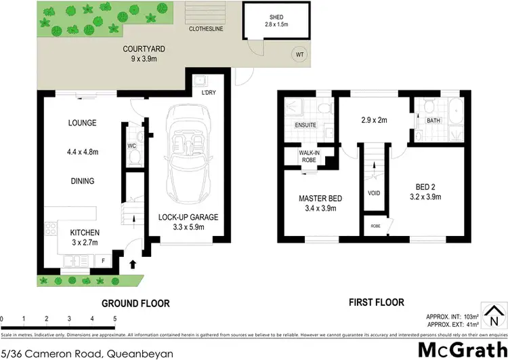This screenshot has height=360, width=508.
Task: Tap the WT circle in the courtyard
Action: click(299, 54)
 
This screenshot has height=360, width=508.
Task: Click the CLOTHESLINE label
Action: click(207, 29)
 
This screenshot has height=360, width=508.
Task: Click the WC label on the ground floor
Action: click(132, 144)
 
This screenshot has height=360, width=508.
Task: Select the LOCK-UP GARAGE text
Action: click(188, 217)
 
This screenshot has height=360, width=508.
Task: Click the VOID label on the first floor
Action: click(374, 192)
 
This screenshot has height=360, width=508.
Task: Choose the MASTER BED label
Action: click(320, 198)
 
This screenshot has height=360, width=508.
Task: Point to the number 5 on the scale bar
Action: click(114, 318)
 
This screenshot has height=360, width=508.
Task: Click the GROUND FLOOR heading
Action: click(135, 303)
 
